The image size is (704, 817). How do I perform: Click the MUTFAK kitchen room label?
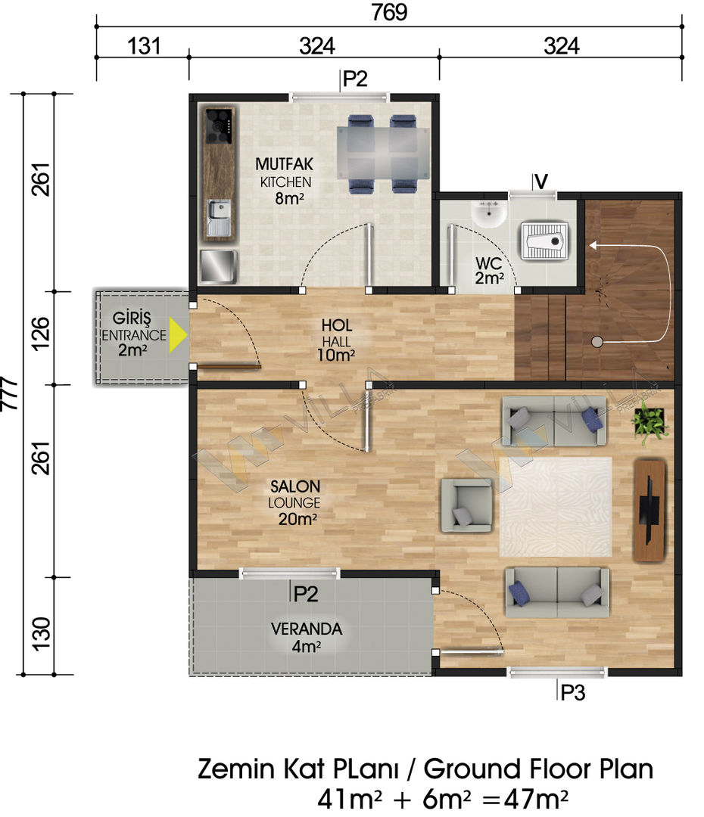click(x=284, y=164)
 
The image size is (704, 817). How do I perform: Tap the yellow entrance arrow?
click(x=178, y=337)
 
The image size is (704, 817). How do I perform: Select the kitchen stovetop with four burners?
click(x=219, y=126)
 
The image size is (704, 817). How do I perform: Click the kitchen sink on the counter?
click(x=219, y=217)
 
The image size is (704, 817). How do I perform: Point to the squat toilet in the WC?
click(x=544, y=241)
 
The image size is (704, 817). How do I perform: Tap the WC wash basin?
click(x=488, y=213)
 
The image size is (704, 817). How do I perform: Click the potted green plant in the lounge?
click(x=649, y=423)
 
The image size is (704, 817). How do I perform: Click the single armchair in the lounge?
click(x=467, y=505)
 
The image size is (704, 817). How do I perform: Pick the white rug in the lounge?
click(x=556, y=507)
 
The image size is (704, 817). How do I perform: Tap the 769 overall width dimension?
click(x=389, y=13)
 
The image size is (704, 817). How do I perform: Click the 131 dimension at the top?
click(x=144, y=46)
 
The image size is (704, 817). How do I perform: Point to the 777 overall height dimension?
click(x=11, y=393)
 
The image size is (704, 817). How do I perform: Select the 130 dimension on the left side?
click(x=42, y=634)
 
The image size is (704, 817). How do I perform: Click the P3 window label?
click(x=573, y=692)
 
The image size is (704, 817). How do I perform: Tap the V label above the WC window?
click(x=541, y=182)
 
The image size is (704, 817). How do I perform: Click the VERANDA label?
click(x=307, y=629)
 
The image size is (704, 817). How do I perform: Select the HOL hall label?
click(x=337, y=325)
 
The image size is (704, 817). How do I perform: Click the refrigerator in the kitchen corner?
click(x=219, y=267)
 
